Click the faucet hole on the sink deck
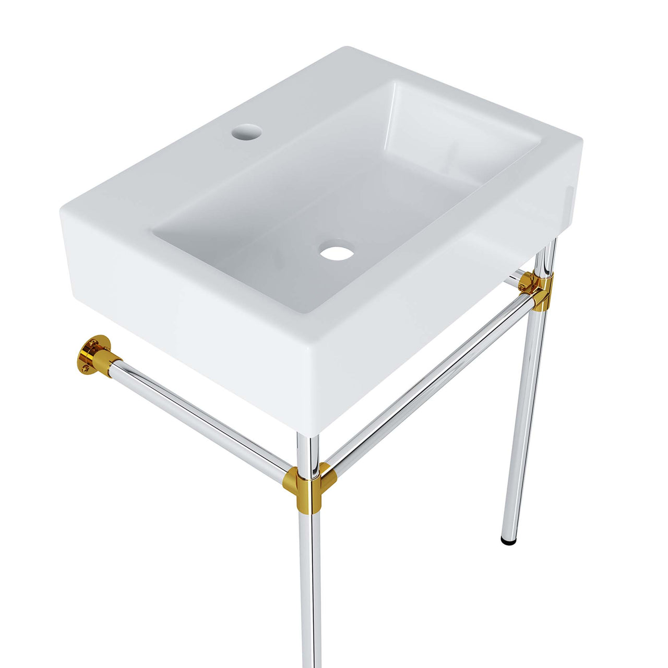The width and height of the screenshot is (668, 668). [245, 131]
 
